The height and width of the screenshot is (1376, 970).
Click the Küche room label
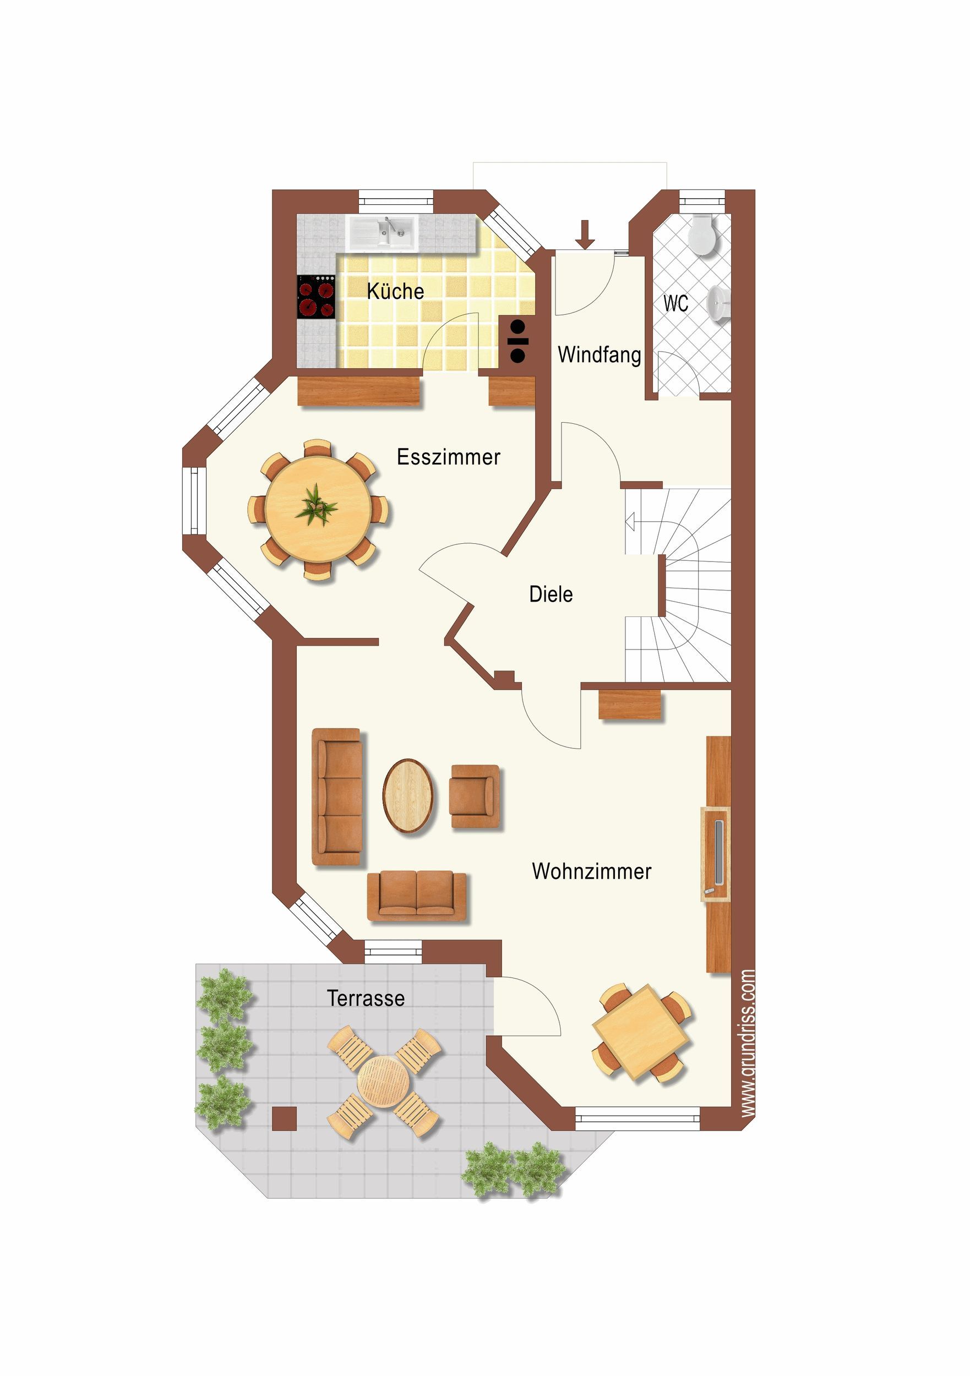[395, 291]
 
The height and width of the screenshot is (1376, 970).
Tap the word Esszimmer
[449, 457]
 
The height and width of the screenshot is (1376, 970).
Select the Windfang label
[599, 355]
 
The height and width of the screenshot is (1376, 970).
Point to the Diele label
[551, 594]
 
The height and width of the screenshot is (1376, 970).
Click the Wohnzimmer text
[591, 871]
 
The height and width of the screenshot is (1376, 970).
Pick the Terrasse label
[366, 998]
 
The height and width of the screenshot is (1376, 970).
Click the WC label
[675, 303]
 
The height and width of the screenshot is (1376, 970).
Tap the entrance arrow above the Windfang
[586, 234]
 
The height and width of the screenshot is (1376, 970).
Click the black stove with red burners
[316, 297]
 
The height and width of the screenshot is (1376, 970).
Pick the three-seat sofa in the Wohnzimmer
[337, 797]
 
